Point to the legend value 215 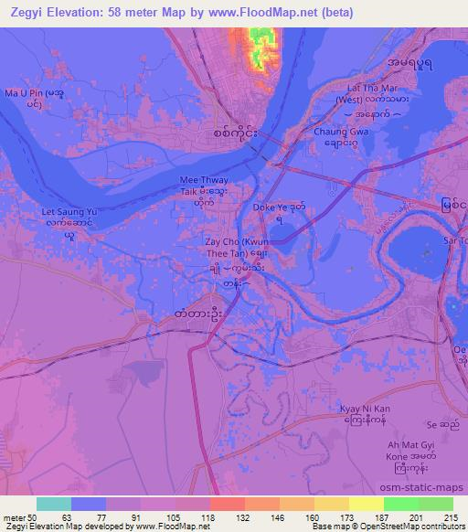click(450, 516)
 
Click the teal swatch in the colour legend click(54, 503)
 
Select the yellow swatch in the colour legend click(365, 503)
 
